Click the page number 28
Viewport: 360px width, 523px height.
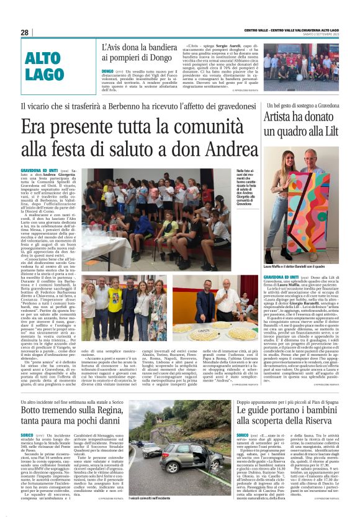25,32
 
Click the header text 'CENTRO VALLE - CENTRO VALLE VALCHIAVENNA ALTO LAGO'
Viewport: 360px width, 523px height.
291,30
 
